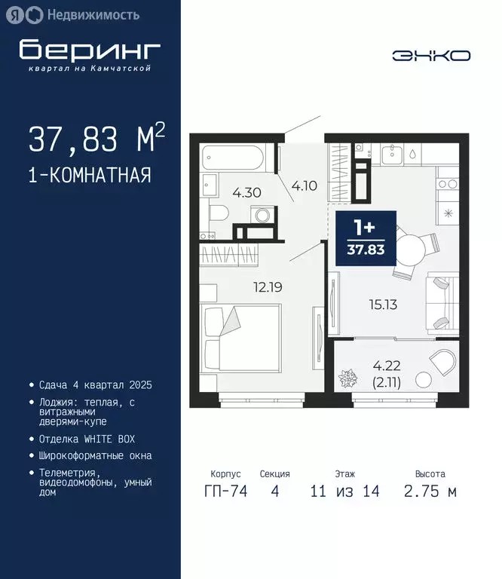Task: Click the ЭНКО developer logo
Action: coord(432,55)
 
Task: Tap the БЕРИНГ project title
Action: coord(90,50)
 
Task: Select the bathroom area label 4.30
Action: coord(246,192)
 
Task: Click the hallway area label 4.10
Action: coord(304,185)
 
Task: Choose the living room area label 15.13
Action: coord(384,305)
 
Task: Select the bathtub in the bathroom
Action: coord(231,159)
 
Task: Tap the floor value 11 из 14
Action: coord(344,492)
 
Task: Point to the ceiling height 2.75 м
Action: coord(430,492)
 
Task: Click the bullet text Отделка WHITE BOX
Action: coord(87,439)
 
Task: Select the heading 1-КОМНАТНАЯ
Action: coord(90,176)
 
